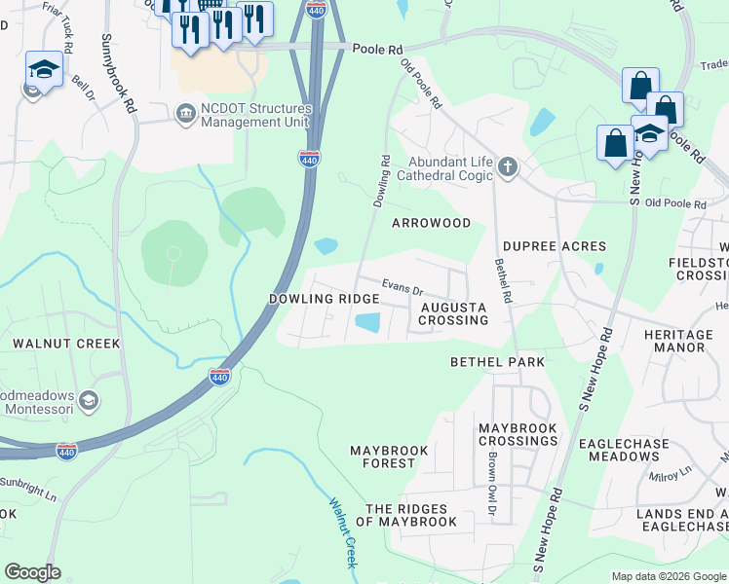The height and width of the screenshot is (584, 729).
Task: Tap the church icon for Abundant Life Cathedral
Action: point(507,167)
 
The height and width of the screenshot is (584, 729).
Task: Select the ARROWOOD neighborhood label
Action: point(431,223)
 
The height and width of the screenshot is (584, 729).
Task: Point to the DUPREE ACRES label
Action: point(555,246)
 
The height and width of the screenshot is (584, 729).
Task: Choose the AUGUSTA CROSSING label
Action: point(453,313)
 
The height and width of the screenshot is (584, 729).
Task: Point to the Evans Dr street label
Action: point(402,288)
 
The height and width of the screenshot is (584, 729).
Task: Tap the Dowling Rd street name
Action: point(381,181)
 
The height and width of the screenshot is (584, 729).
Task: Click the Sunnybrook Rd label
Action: point(119,73)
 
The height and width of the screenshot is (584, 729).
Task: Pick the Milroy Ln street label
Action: point(671,471)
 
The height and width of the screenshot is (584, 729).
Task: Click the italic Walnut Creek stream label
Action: point(344,533)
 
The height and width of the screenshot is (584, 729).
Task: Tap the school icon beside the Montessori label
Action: point(89,401)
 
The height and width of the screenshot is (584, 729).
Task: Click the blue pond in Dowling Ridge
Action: point(367,322)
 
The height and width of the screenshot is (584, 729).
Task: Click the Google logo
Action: point(33,572)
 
